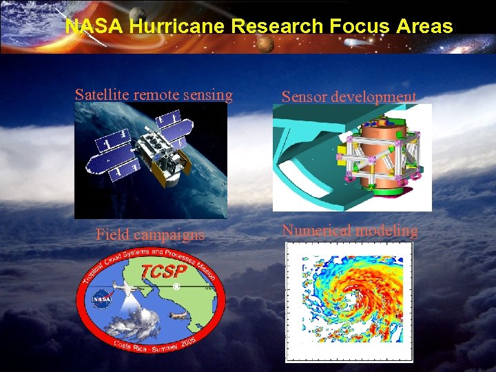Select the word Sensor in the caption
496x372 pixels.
[304, 97]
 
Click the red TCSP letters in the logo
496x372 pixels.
[163, 272]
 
